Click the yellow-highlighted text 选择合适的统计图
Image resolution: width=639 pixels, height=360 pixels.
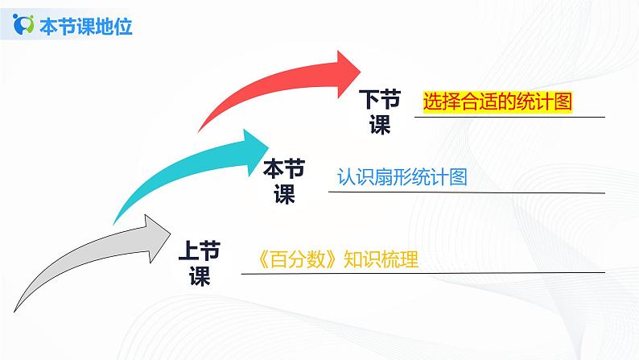coord(497,101)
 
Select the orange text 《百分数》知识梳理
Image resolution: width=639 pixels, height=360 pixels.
coord(335,260)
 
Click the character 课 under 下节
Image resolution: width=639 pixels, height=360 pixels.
coord(379,126)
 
